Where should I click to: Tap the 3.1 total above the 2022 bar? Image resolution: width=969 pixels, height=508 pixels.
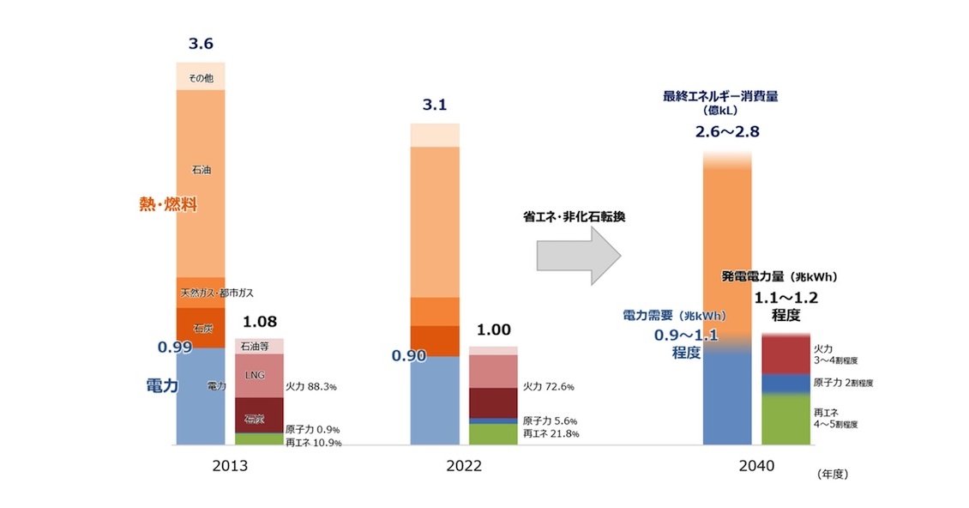point(435,106)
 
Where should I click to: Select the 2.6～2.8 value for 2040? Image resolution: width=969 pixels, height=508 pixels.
point(727,132)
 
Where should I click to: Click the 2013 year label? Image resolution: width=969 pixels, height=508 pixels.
point(230,467)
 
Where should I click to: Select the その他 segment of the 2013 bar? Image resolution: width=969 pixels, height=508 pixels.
point(201,78)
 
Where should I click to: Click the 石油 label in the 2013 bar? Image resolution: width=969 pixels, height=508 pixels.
point(201,170)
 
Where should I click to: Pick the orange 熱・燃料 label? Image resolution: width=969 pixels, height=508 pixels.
point(168,205)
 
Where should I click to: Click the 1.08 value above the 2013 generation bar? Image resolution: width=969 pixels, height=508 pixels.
point(258,322)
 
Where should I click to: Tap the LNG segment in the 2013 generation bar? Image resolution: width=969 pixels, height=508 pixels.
point(258,375)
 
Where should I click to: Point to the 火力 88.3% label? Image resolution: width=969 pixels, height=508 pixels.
point(310,387)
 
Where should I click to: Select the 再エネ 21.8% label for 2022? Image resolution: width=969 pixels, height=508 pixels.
point(551,434)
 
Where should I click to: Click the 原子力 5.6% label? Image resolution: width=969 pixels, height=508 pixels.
point(551,421)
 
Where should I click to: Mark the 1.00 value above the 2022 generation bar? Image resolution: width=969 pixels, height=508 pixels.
point(493,330)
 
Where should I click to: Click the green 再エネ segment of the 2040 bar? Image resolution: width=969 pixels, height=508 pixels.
point(786,419)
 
